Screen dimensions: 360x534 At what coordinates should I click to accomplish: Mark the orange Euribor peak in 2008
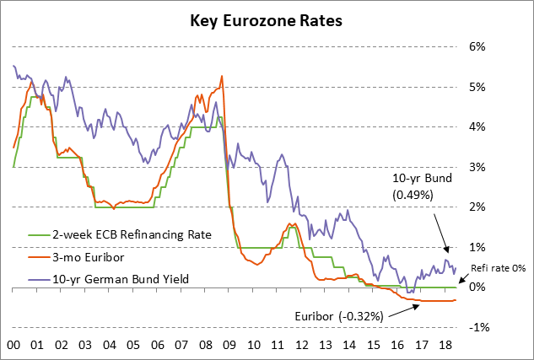222,77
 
